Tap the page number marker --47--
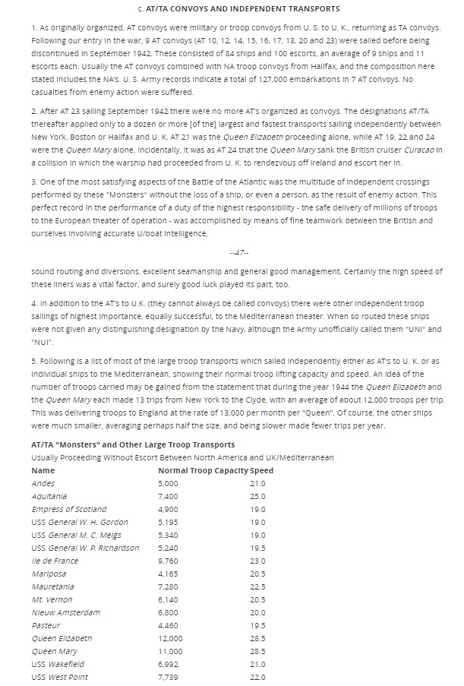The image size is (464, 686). tap(238, 252)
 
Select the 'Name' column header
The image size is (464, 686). tap(43, 470)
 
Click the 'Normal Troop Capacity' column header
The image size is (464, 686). tap(203, 470)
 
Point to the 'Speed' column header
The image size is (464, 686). tap(261, 470)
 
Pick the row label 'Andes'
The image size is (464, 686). tap(43, 483)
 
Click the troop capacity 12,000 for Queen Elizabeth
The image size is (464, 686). tap(170, 638)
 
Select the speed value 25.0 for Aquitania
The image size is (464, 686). tap(257, 496)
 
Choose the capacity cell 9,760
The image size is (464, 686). tap(168, 561)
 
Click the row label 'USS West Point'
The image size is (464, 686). tap(59, 677)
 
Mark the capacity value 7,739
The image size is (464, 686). tap(168, 677)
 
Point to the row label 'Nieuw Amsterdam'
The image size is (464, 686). tap(65, 612)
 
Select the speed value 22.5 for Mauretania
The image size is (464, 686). tap(257, 586)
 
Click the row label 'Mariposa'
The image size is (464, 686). tap(49, 574)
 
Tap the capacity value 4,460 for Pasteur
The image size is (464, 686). tap(168, 625)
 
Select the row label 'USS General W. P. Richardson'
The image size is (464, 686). tap(85, 548)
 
